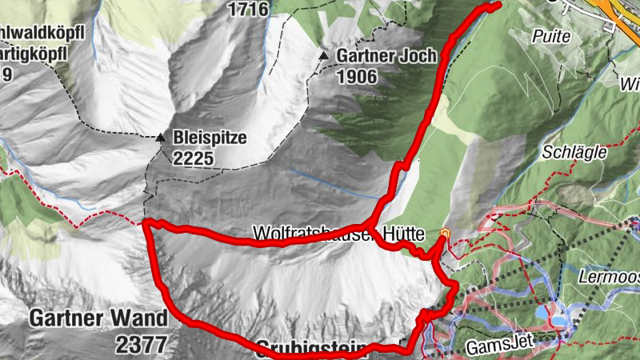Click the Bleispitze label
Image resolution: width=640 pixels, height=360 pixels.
(x=209, y=138)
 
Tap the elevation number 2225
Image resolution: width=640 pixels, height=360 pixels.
(x=193, y=158)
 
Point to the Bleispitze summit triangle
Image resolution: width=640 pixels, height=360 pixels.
(x=162, y=138)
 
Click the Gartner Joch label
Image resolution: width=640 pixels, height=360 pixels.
(x=386, y=56)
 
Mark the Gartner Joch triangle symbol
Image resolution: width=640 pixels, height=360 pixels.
(x=324, y=56)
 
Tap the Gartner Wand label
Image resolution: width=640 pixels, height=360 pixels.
(x=99, y=318)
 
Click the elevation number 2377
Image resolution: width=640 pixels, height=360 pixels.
(x=141, y=345)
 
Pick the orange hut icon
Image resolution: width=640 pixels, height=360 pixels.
(x=446, y=234)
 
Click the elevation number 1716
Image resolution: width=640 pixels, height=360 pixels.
(x=246, y=10)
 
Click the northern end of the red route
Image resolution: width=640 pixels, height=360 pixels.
(x=497, y=5)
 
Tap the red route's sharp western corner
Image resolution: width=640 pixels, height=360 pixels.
(x=147, y=223)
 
